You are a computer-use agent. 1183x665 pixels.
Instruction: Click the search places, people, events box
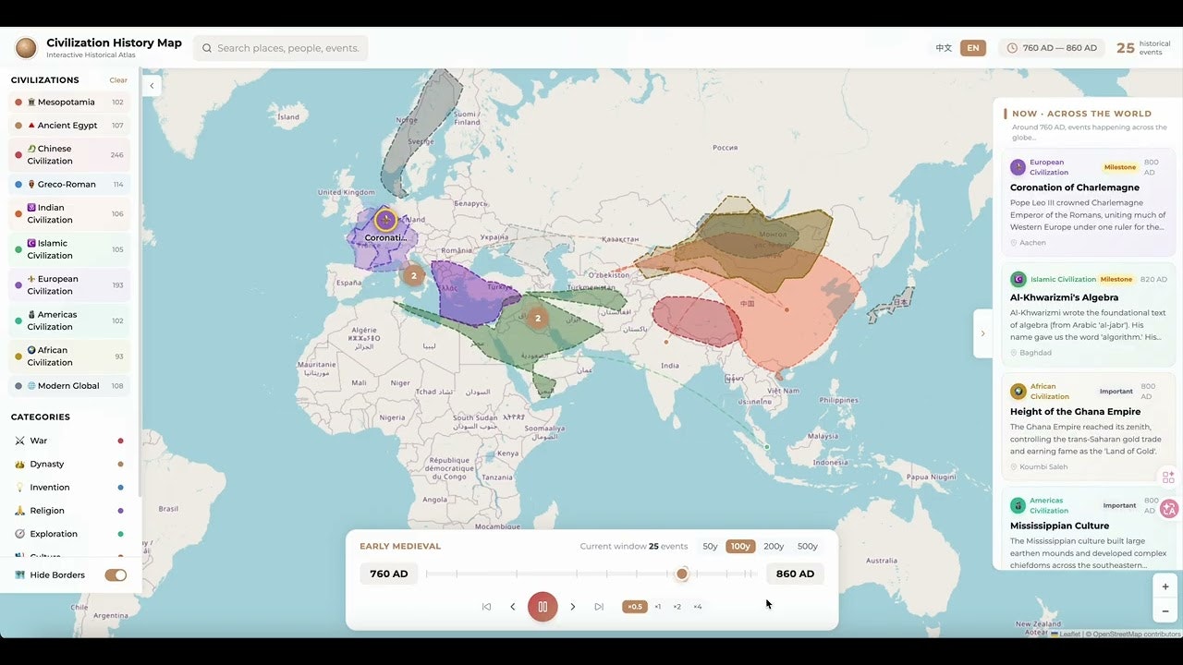tap(287, 48)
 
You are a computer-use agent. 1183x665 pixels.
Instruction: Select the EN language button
tap(972, 48)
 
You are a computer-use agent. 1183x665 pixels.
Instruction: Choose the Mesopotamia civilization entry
tap(67, 103)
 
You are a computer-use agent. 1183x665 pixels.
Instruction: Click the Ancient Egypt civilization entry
tap(67, 126)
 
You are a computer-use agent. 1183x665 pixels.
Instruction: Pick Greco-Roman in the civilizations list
tap(67, 185)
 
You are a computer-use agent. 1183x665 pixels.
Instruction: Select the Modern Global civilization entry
tap(68, 386)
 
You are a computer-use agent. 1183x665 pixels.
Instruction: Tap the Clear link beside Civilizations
tap(118, 80)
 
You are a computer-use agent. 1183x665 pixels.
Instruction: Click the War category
tap(39, 441)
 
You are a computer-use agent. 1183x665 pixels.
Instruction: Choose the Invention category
tap(50, 488)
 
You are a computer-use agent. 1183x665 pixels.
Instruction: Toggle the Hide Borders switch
tap(116, 575)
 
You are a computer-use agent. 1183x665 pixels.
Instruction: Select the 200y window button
tap(774, 547)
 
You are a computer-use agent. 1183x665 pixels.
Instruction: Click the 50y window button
tap(710, 547)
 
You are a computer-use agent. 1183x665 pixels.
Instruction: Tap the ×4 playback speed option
tap(698, 607)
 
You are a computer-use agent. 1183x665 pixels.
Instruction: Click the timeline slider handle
tap(682, 574)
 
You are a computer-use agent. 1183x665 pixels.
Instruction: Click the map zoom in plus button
tap(1165, 586)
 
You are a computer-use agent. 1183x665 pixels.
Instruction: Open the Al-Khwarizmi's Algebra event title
tap(1064, 297)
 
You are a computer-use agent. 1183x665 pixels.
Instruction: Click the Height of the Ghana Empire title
tap(1075, 412)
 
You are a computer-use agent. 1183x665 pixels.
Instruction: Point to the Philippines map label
tap(838, 400)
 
